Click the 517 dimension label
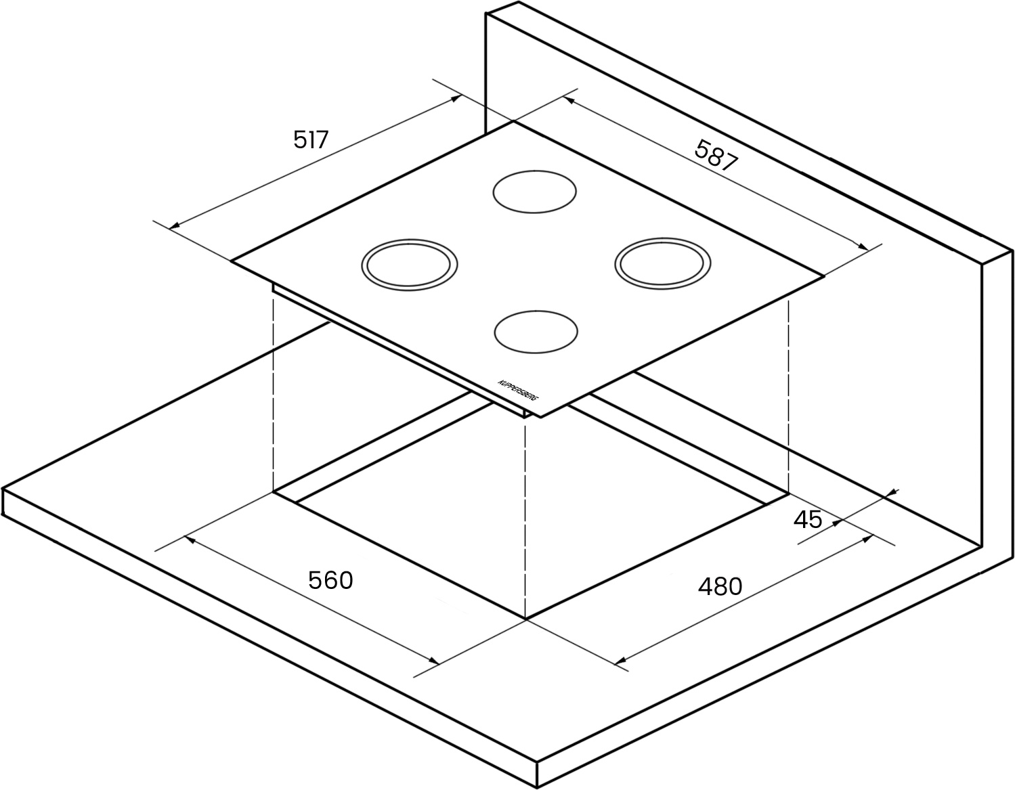(311, 139)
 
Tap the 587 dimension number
(716, 156)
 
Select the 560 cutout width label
(330, 580)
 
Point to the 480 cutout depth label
(720, 586)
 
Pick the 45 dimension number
(808, 519)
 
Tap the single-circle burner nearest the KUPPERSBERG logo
(536, 332)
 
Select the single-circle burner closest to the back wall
(534, 192)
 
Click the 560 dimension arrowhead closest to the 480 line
(433, 661)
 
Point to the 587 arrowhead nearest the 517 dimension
(569, 100)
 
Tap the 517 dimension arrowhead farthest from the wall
(174, 226)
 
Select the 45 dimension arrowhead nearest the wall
(892, 493)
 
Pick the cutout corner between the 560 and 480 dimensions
(526, 620)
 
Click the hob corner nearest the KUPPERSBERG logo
(541, 418)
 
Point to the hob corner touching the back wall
(514, 122)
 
